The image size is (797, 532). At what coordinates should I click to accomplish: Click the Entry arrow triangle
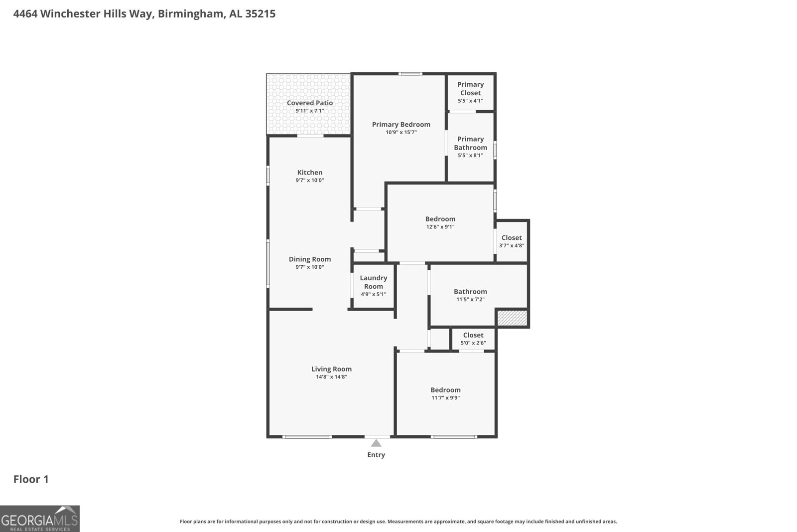[376, 443]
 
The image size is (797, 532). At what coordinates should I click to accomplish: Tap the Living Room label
[331, 369]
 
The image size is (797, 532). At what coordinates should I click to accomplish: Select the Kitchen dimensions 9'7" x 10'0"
[310, 180]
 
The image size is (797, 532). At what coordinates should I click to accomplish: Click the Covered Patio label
[310, 103]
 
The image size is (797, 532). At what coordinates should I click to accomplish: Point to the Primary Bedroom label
[401, 124]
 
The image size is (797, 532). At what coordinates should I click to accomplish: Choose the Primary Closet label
[470, 89]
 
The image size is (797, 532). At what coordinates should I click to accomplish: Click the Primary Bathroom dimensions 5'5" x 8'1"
[470, 156]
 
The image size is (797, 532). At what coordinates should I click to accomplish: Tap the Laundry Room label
[373, 282]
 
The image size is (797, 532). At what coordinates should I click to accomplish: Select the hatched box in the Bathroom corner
[512, 318]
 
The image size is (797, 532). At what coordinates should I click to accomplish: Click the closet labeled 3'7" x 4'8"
[512, 241]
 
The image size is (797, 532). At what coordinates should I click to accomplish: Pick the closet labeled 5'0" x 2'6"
[473, 339]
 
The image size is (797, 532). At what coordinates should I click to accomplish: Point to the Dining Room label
[310, 259]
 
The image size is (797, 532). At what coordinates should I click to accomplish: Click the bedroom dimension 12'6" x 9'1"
[440, 227]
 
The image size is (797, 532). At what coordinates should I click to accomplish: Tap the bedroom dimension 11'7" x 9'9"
[445, 398]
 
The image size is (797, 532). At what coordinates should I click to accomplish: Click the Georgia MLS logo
[40, 519]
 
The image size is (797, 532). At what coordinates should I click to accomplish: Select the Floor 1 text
[31, 479]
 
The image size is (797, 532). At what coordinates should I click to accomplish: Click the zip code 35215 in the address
[260, 13]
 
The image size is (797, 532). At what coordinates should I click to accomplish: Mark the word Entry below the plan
[376, 455]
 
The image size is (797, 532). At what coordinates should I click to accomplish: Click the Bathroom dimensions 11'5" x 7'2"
[470, 300]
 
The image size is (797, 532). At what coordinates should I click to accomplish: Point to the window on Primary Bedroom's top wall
[410, 74]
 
